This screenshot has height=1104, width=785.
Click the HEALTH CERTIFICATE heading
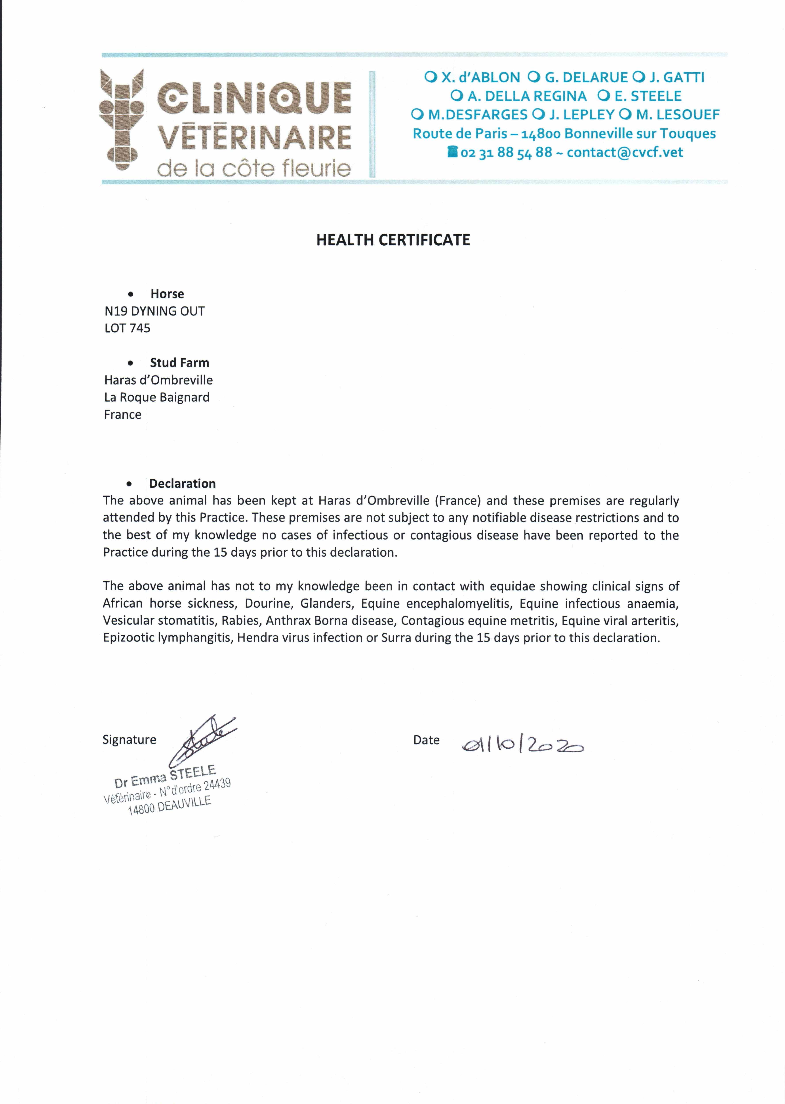click(x=393, y=240)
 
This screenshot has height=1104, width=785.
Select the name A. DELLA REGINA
click(x=526, y=96)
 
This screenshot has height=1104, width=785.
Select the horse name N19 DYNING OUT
click(x=155, y=311)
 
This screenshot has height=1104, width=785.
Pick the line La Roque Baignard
click(x=157, y=397)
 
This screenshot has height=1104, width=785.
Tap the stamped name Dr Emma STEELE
click(x=165, y=776)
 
